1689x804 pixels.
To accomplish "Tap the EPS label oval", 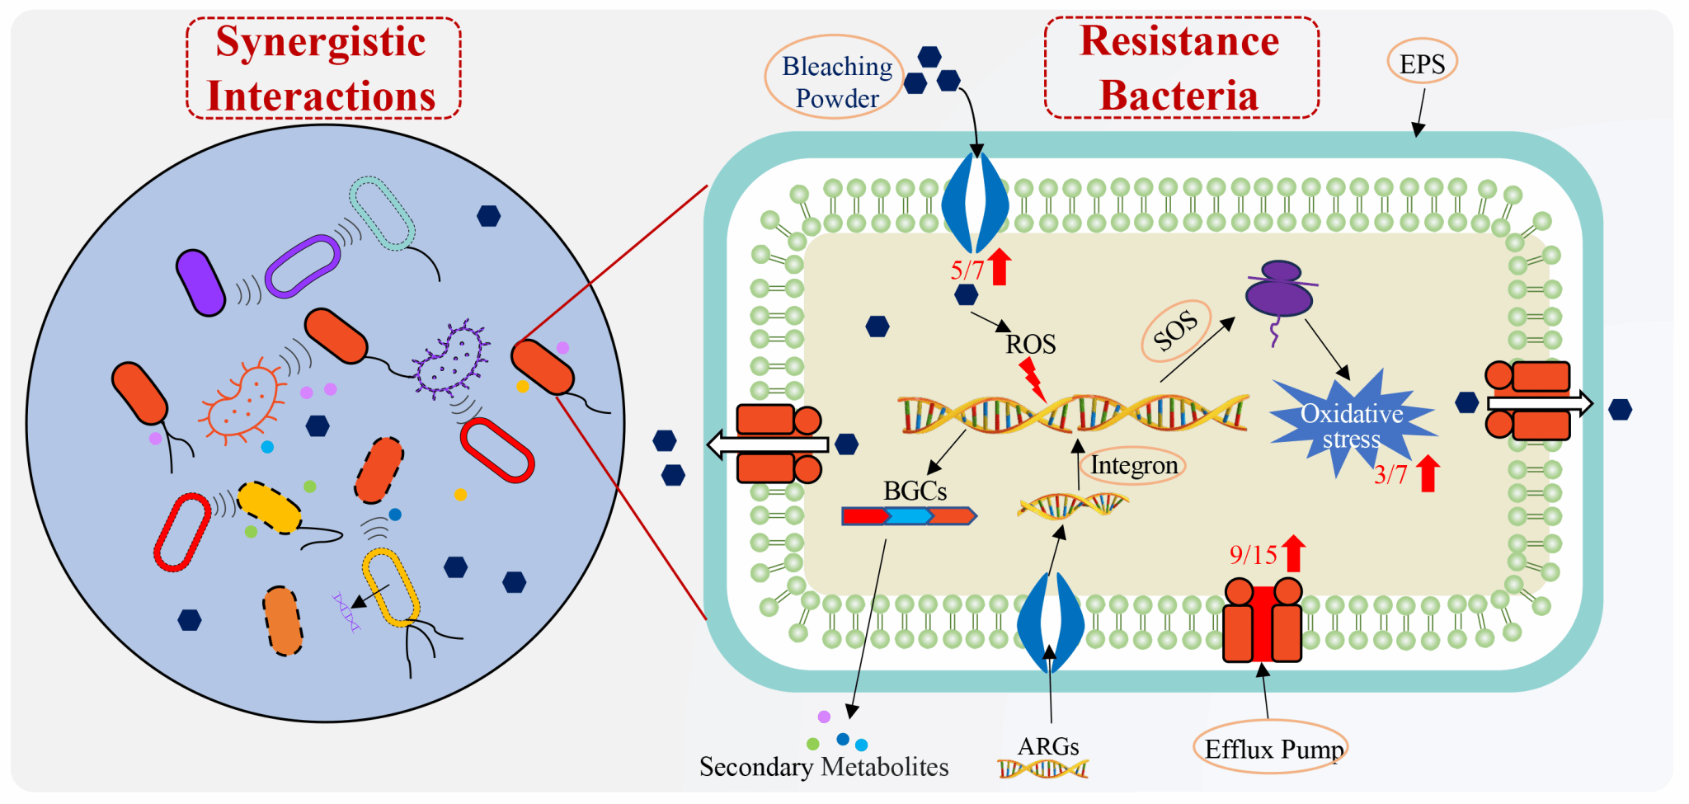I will pyautogui.click(x=1422, y=63).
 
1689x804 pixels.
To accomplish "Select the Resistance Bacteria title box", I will pyautogui.click(x=1181, y=68).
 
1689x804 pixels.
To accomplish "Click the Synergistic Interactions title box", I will pyautogui.click(x=322, y=68).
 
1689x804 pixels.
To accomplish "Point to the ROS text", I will pyautogui.click(x=1030, y=344).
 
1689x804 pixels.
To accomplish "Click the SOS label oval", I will pyautogui.click(x=1175, y=331).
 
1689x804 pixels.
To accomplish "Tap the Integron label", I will pyautogui.click(x=1134, y=466).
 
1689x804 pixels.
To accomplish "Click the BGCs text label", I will pyautogui.click(x=915, y=491).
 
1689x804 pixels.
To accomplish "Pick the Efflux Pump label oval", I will pyautogui.click(x=1271, y=749).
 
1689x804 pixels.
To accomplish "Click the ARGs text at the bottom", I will pyautogui.click(x=1048, y=747).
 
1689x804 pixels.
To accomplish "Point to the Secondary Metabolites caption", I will pyautogui.click(x=823, y=767).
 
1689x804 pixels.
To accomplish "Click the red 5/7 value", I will pyautogui.click(x=967, y=270).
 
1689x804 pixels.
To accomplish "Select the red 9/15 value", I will pyautogui.click(x=1253, y=555).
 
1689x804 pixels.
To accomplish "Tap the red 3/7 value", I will pyautogui.click(x=1390, y=475).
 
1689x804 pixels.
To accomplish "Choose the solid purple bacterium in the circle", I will pyautogui.click(x=200, y=283).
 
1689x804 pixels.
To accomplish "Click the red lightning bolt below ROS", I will pyautogui.click(x=1032, y=378).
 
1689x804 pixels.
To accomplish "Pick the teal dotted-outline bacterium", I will pyautogui.click(x=382, y=213).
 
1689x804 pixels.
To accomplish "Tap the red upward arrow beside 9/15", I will pyautogui.click(x=1294, y=552).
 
